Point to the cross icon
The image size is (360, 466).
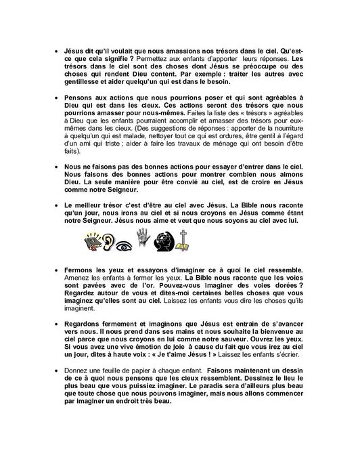coord(183,240)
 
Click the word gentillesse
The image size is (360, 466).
coord(85,82)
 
